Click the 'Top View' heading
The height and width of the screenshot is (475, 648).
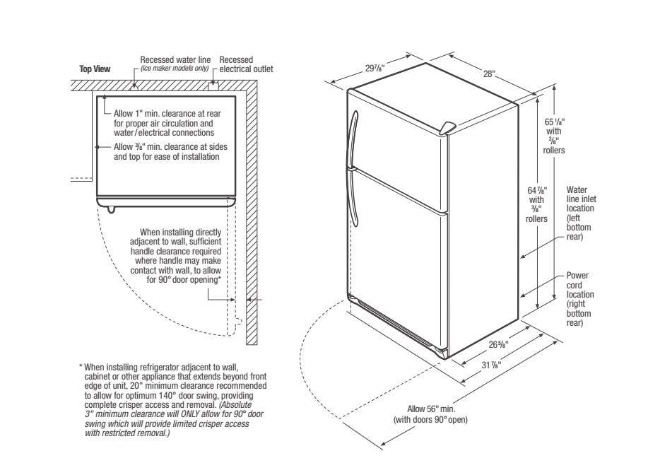[95, 69]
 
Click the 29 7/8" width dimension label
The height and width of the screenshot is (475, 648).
[375, 68]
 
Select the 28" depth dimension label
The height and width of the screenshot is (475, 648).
[489, 74]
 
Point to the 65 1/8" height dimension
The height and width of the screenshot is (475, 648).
[554, 136]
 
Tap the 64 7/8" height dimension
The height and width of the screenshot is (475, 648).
[536, 204]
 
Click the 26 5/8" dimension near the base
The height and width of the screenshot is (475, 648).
[498, 344]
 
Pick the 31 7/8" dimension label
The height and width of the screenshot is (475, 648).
[491, 365]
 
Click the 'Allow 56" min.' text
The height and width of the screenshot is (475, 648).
[431, 409]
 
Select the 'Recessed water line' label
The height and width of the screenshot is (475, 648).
[175, 60]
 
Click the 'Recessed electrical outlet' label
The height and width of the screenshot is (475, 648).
[246, 64]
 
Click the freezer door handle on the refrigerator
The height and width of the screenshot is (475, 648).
[353, 139]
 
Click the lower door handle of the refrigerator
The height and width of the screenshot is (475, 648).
[352, 197]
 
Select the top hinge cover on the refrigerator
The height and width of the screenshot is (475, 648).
[447, 128]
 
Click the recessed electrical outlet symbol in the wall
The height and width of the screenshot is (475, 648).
[213, 86]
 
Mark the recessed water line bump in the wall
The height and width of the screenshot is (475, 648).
[134, 86]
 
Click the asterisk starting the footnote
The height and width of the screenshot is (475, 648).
[81, 366]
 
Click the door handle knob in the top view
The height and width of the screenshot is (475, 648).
[111, 209]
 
